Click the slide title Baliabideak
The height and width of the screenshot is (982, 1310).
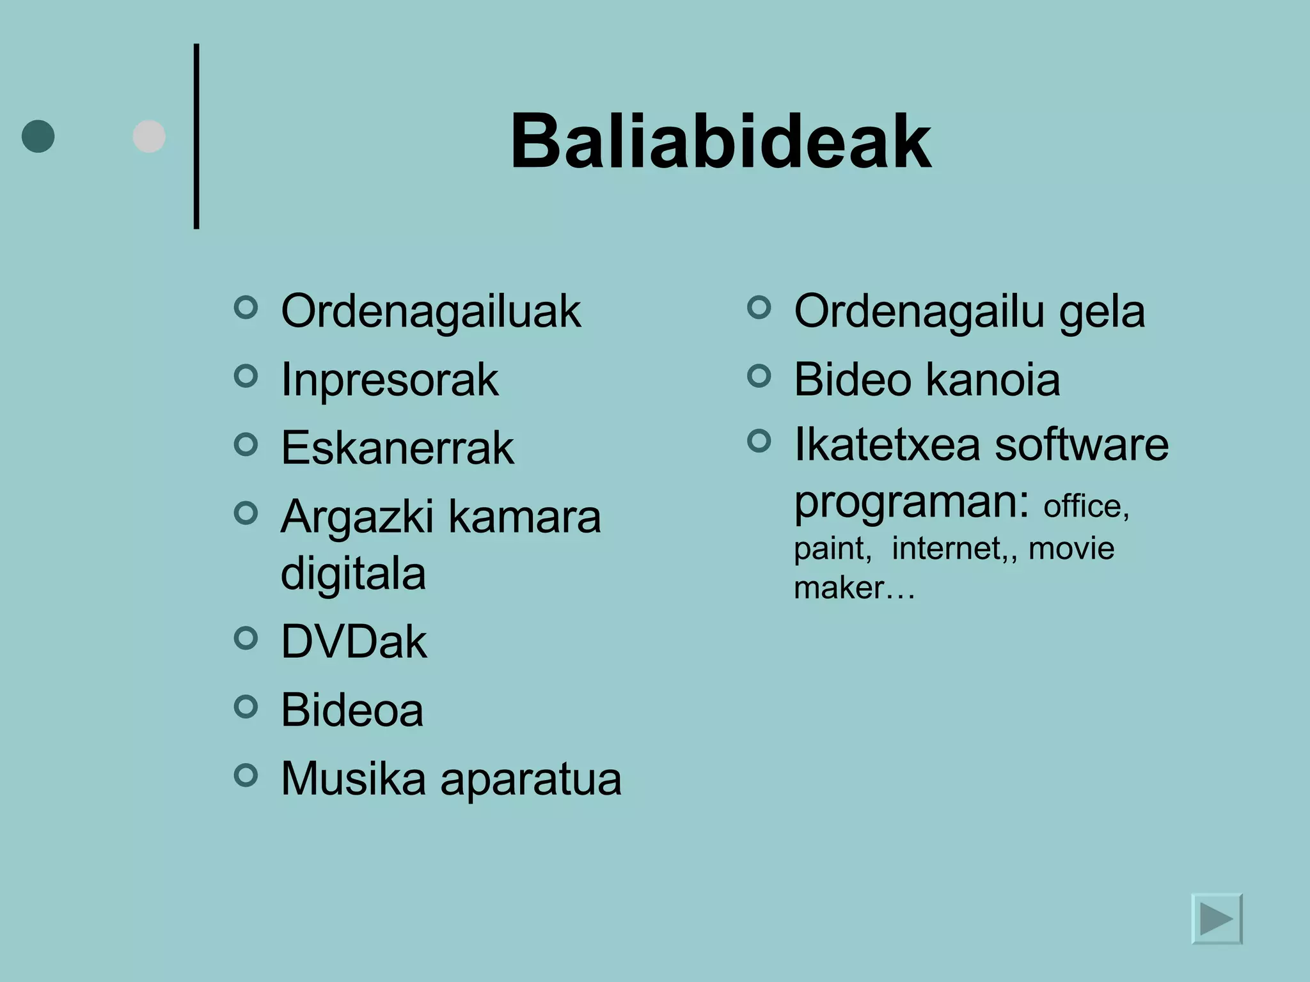point(720,142)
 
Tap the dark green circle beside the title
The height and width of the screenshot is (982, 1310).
point(38,136)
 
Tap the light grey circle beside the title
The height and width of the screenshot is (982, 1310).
point(149,136)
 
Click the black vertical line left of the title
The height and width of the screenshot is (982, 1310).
point(196,136)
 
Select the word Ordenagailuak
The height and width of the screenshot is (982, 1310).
point(430,312)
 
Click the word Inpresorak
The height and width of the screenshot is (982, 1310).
point(390,380)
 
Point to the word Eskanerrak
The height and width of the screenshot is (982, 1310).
point(397,448)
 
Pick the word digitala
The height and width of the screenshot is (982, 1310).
point(353,573)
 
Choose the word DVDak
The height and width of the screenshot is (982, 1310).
point(354,642)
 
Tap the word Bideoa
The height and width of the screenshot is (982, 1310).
point(352,710)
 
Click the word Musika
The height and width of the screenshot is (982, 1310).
point(353,779)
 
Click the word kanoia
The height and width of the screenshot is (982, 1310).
point(993,380)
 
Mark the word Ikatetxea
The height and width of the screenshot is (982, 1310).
point(887,445)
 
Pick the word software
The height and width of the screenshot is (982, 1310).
point(1082,445)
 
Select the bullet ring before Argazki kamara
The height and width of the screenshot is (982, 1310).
point(246,512)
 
